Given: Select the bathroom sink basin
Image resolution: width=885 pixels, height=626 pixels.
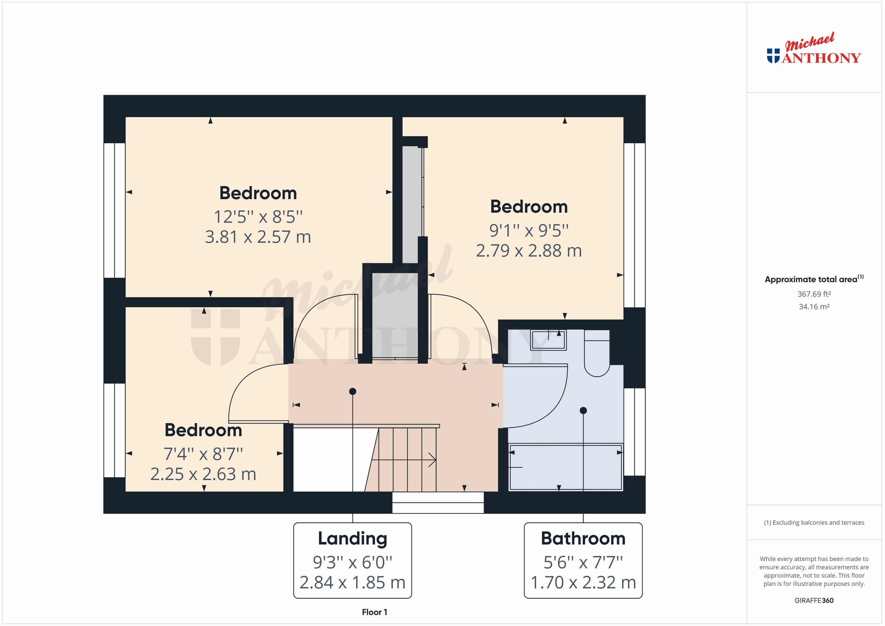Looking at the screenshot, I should click(548, 340).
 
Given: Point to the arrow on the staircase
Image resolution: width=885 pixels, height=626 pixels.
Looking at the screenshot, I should click(432, 459).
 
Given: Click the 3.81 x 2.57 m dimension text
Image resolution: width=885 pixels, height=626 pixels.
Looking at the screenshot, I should click(258, 237).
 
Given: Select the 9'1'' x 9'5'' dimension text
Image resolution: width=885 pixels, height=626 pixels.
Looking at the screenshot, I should click(529, 231).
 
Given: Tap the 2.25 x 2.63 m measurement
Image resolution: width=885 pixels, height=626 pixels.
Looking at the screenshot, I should click(203, 474).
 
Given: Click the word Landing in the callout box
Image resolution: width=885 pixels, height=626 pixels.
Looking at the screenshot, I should click(352, 539).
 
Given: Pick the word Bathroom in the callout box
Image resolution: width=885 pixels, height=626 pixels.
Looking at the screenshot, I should click(583, 539).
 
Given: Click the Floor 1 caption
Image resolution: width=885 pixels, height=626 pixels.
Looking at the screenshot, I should click(374, 612).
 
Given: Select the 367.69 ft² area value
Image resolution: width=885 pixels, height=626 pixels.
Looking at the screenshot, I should click(814, 294).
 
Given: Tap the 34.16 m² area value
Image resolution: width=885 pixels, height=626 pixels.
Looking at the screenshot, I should click(814, 307).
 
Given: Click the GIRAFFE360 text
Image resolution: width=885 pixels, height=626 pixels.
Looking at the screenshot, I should click(814, 600).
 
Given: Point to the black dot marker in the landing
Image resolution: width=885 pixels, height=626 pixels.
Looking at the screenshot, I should click(352, 392).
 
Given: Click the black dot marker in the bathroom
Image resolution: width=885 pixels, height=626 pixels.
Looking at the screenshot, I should click(583, 411).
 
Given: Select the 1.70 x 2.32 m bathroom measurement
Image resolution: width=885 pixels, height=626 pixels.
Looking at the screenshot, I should click(583, 582).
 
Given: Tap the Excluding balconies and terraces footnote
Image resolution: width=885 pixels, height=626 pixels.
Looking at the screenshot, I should click(814, 523).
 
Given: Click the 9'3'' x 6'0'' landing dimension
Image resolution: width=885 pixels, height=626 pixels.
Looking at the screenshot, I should click(352, 562).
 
